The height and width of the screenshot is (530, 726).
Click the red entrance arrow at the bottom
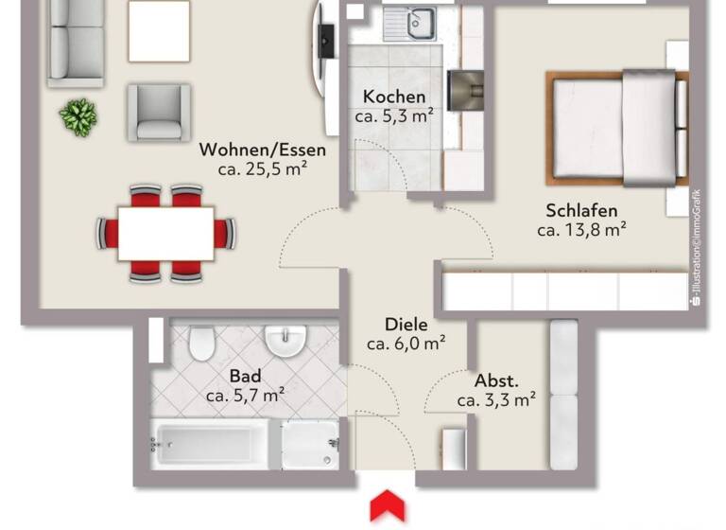click(x=388, y=505)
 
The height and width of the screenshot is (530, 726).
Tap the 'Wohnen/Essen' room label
click(x=262, y=150)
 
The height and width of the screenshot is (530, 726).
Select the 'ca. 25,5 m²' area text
click(x=262, y=169)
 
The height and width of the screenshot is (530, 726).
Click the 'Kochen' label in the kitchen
click(x=394, y=97)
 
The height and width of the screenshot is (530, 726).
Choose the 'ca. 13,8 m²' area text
click(x=581, y=229)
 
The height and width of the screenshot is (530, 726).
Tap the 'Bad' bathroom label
click(x=245, y=375)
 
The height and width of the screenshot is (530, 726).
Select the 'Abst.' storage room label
click(x=496, y=380)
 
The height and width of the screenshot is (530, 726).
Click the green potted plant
click(x=78, y=117)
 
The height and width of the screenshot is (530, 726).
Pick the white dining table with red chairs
click(x=165, y=233)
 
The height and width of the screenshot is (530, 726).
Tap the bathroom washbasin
click(x=284, y=340)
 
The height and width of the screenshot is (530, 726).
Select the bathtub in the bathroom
click(x=216, y=445)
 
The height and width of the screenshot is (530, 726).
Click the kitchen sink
click(x=411, y=24)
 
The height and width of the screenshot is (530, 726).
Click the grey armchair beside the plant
click(x=159, y=111)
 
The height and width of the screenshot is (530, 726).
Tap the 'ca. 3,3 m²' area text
click(x=496, y=400)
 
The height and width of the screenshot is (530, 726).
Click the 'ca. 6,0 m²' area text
click(x=406, y=343)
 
